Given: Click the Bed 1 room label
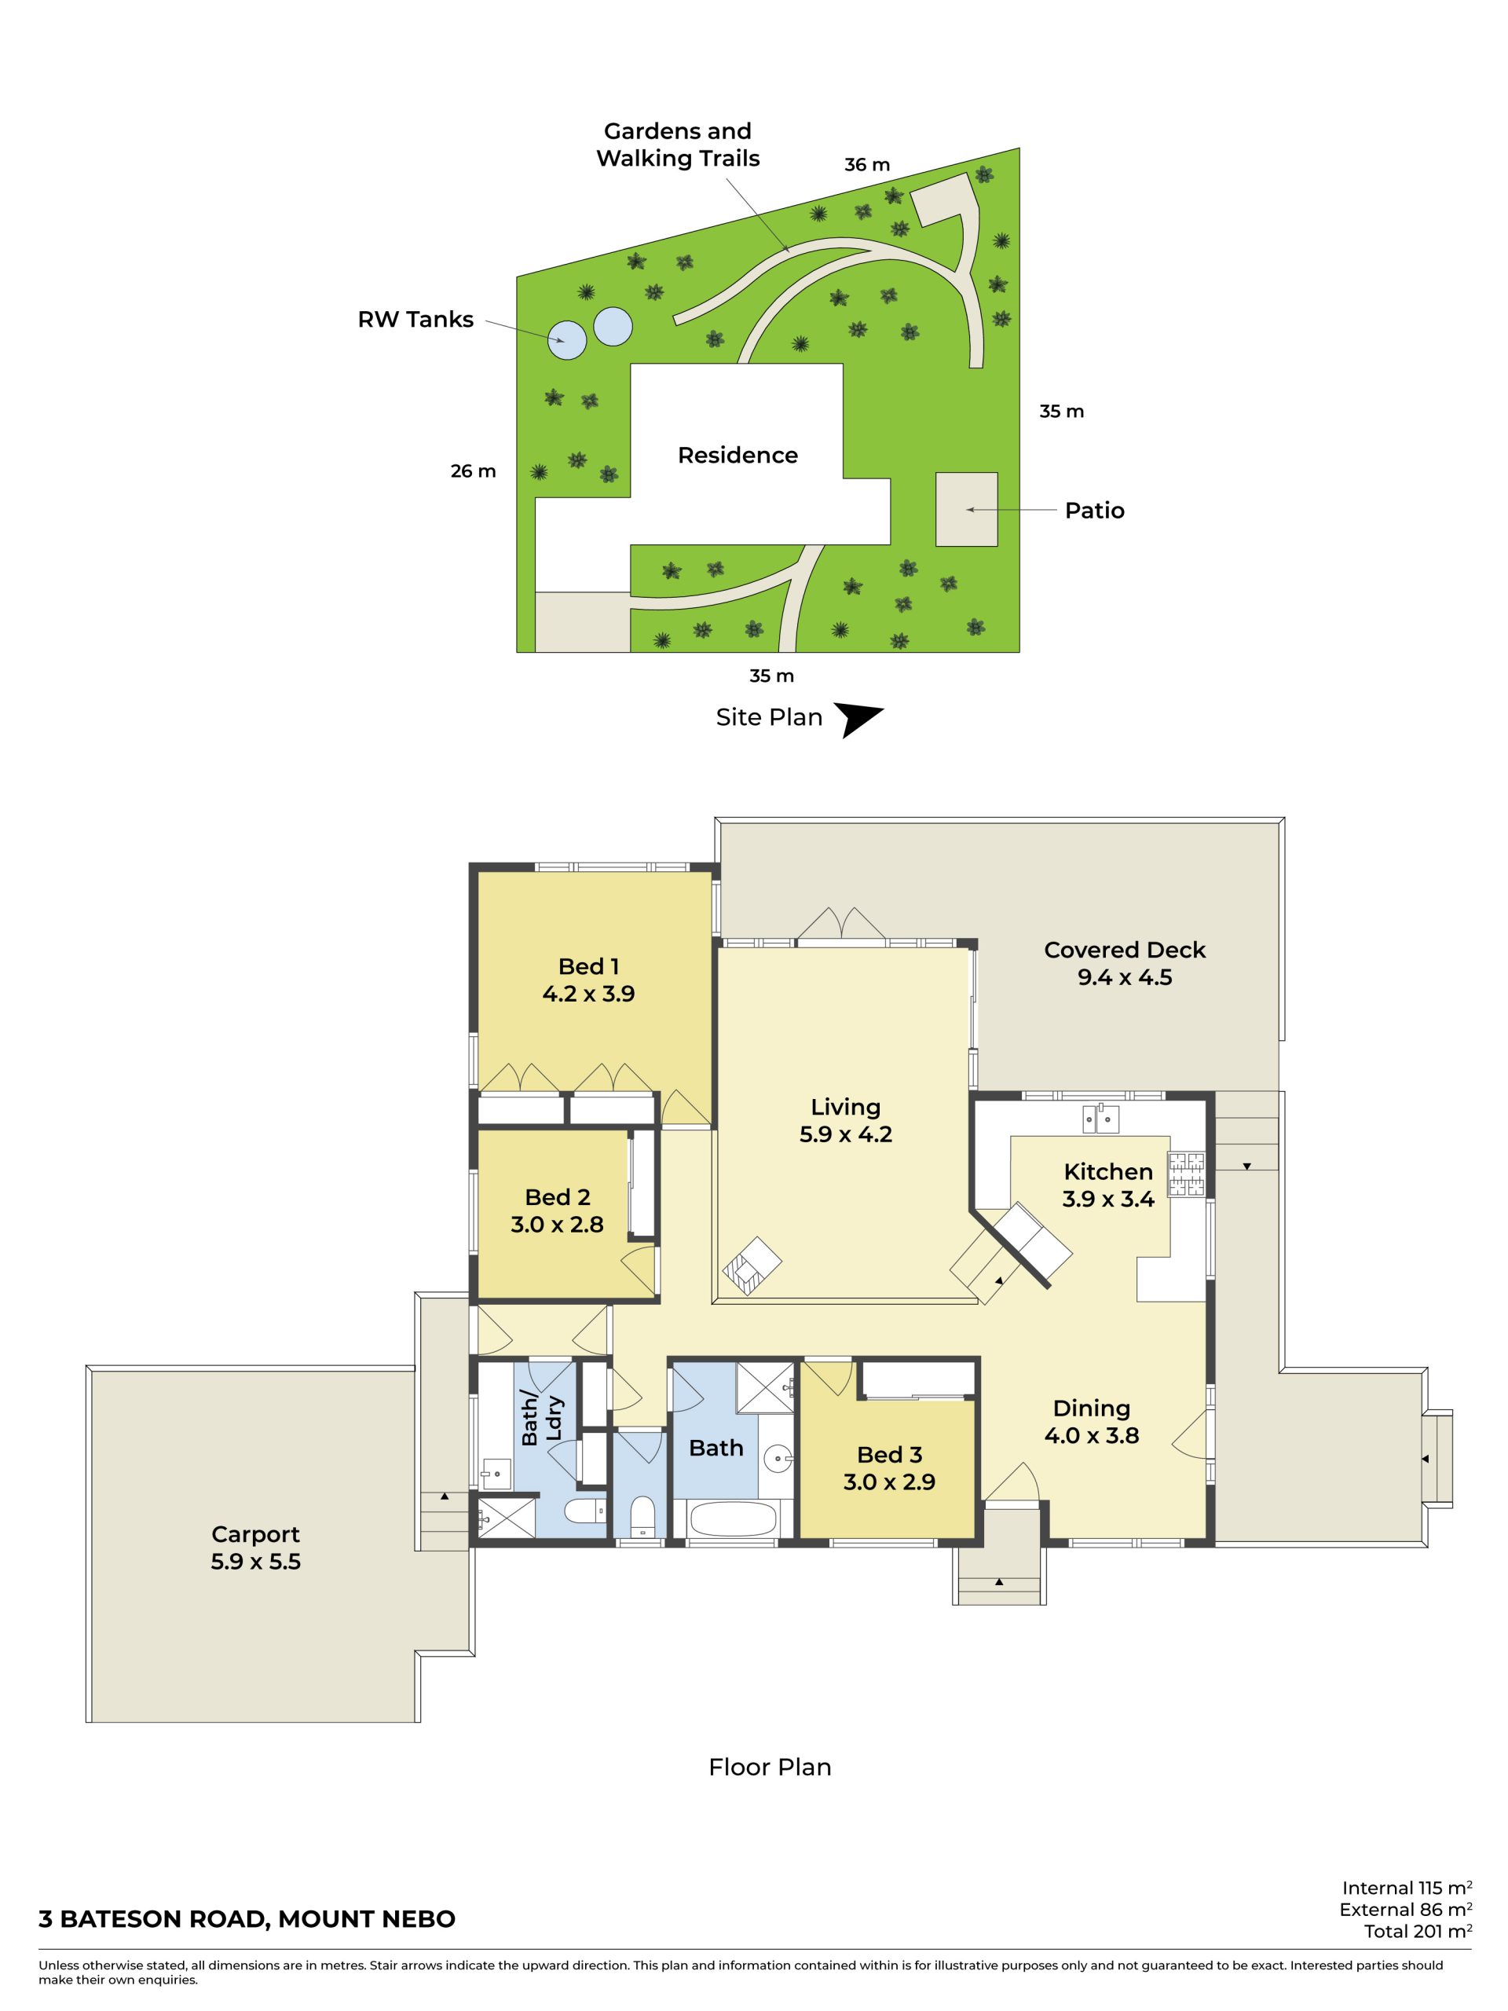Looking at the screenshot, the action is (588, 966).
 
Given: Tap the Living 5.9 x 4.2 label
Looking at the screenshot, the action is (845, 1120).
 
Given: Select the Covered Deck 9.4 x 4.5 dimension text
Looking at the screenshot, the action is (1125, 977).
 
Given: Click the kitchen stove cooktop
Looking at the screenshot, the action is (1186, 1173).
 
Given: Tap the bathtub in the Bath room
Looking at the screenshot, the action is (734, 1518).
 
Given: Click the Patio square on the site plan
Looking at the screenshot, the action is (966, 509).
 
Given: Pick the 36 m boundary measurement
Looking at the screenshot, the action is (867, 164).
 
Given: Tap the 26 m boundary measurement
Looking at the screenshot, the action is (474, 471).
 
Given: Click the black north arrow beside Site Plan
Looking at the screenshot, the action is (856, 719).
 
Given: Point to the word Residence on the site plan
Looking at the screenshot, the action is (738, 455).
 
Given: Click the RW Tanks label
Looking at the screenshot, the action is (415, 319).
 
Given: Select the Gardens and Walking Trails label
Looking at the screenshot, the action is (678, 145).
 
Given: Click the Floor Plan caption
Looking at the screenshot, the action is (770, 1767).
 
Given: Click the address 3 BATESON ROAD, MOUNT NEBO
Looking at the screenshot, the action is (247, 1918).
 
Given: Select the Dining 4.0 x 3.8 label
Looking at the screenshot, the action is (1092, 1422).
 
